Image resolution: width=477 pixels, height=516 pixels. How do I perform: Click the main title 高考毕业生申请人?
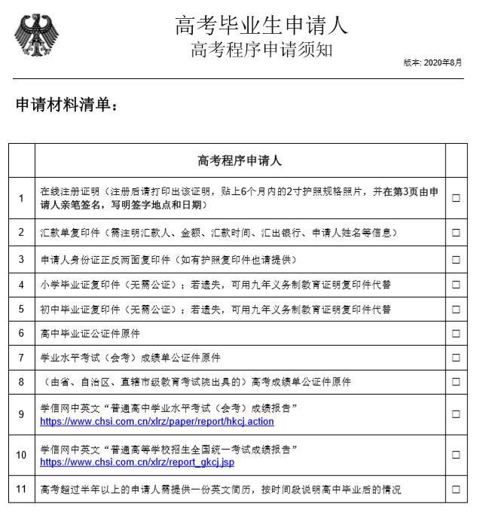click(261, 26)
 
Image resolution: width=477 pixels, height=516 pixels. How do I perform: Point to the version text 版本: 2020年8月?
click(433, 63)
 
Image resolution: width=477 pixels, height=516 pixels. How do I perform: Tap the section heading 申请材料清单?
click(67, 106)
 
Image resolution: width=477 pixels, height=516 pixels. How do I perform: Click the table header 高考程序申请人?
click(240, 160)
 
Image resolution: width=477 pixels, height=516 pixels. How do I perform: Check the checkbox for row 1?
click(456, 198)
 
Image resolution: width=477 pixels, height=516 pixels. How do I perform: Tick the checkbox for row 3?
click(456, 259)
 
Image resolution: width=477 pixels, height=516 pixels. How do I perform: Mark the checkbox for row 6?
click(456, 333)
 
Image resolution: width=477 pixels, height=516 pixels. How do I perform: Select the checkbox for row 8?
click(456, 382)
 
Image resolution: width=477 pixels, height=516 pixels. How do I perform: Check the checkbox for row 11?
click(456, 490)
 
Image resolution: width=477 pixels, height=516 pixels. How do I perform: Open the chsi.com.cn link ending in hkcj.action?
click(157, 422)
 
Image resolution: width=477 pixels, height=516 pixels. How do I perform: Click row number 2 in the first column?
click(21, 233)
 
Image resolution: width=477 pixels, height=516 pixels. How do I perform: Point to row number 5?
click(21, 309)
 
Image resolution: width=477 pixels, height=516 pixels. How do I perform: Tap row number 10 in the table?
click(21, 455)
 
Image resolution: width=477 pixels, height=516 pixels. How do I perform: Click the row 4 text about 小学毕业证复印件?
click(215, 284)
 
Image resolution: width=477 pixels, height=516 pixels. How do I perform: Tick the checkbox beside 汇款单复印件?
click(456, 233)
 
